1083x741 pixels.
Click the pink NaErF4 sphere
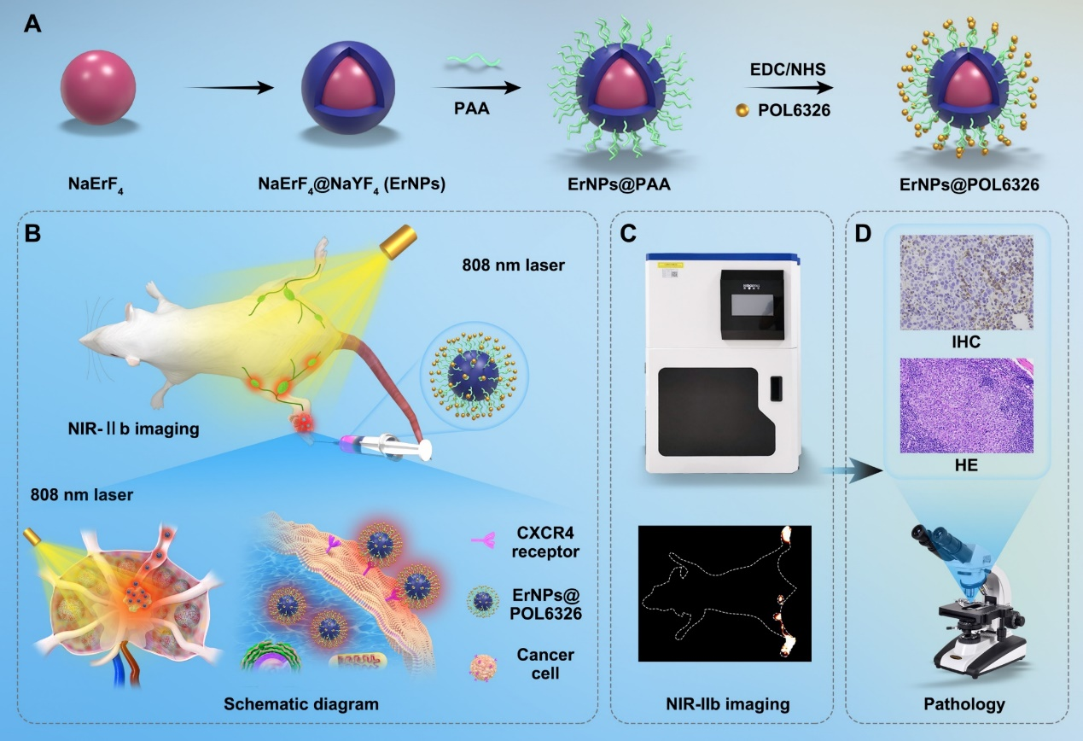pos(97,88)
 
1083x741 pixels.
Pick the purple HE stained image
pos(966,406)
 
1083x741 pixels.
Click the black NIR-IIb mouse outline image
pos(725,593)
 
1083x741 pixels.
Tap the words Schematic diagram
pos(301,705)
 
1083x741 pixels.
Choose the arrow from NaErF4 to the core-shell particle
pos(229,88)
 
